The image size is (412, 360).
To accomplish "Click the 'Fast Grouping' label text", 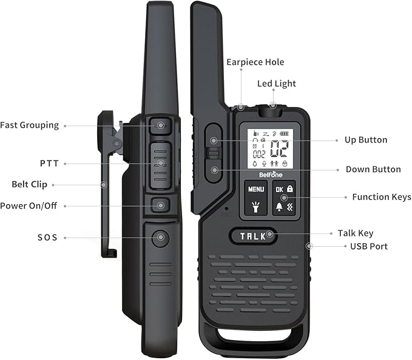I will coord(29,125).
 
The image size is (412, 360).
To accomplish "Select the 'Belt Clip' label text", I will coord(29,185).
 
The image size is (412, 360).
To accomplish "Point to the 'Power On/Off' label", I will coord(29,206).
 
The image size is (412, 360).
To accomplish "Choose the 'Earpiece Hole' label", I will coord(255,62).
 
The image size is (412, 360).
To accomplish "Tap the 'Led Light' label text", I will coord(277,84).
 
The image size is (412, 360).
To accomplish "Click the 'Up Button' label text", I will coord(365,140).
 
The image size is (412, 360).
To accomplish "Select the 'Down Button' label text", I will coord(373,170).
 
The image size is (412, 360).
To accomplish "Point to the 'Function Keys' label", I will coord(381,197).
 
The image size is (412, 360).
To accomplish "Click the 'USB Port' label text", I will coord(368,246).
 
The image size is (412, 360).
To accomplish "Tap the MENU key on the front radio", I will coord(256,189).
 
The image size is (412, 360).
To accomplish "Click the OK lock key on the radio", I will coord(284,189).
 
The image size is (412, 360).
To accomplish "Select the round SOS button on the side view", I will coord(160,238).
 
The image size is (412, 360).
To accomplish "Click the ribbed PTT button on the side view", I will coord(160,164).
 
